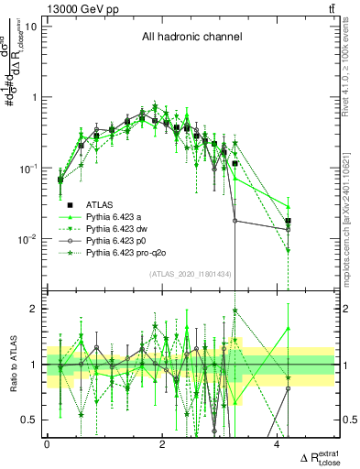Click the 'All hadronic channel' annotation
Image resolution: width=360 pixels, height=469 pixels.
(191, 38)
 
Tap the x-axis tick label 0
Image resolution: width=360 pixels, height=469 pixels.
(47, 444)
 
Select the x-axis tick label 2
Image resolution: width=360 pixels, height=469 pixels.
(162, 444)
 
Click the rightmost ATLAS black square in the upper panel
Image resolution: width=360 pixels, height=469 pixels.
(289, 221)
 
